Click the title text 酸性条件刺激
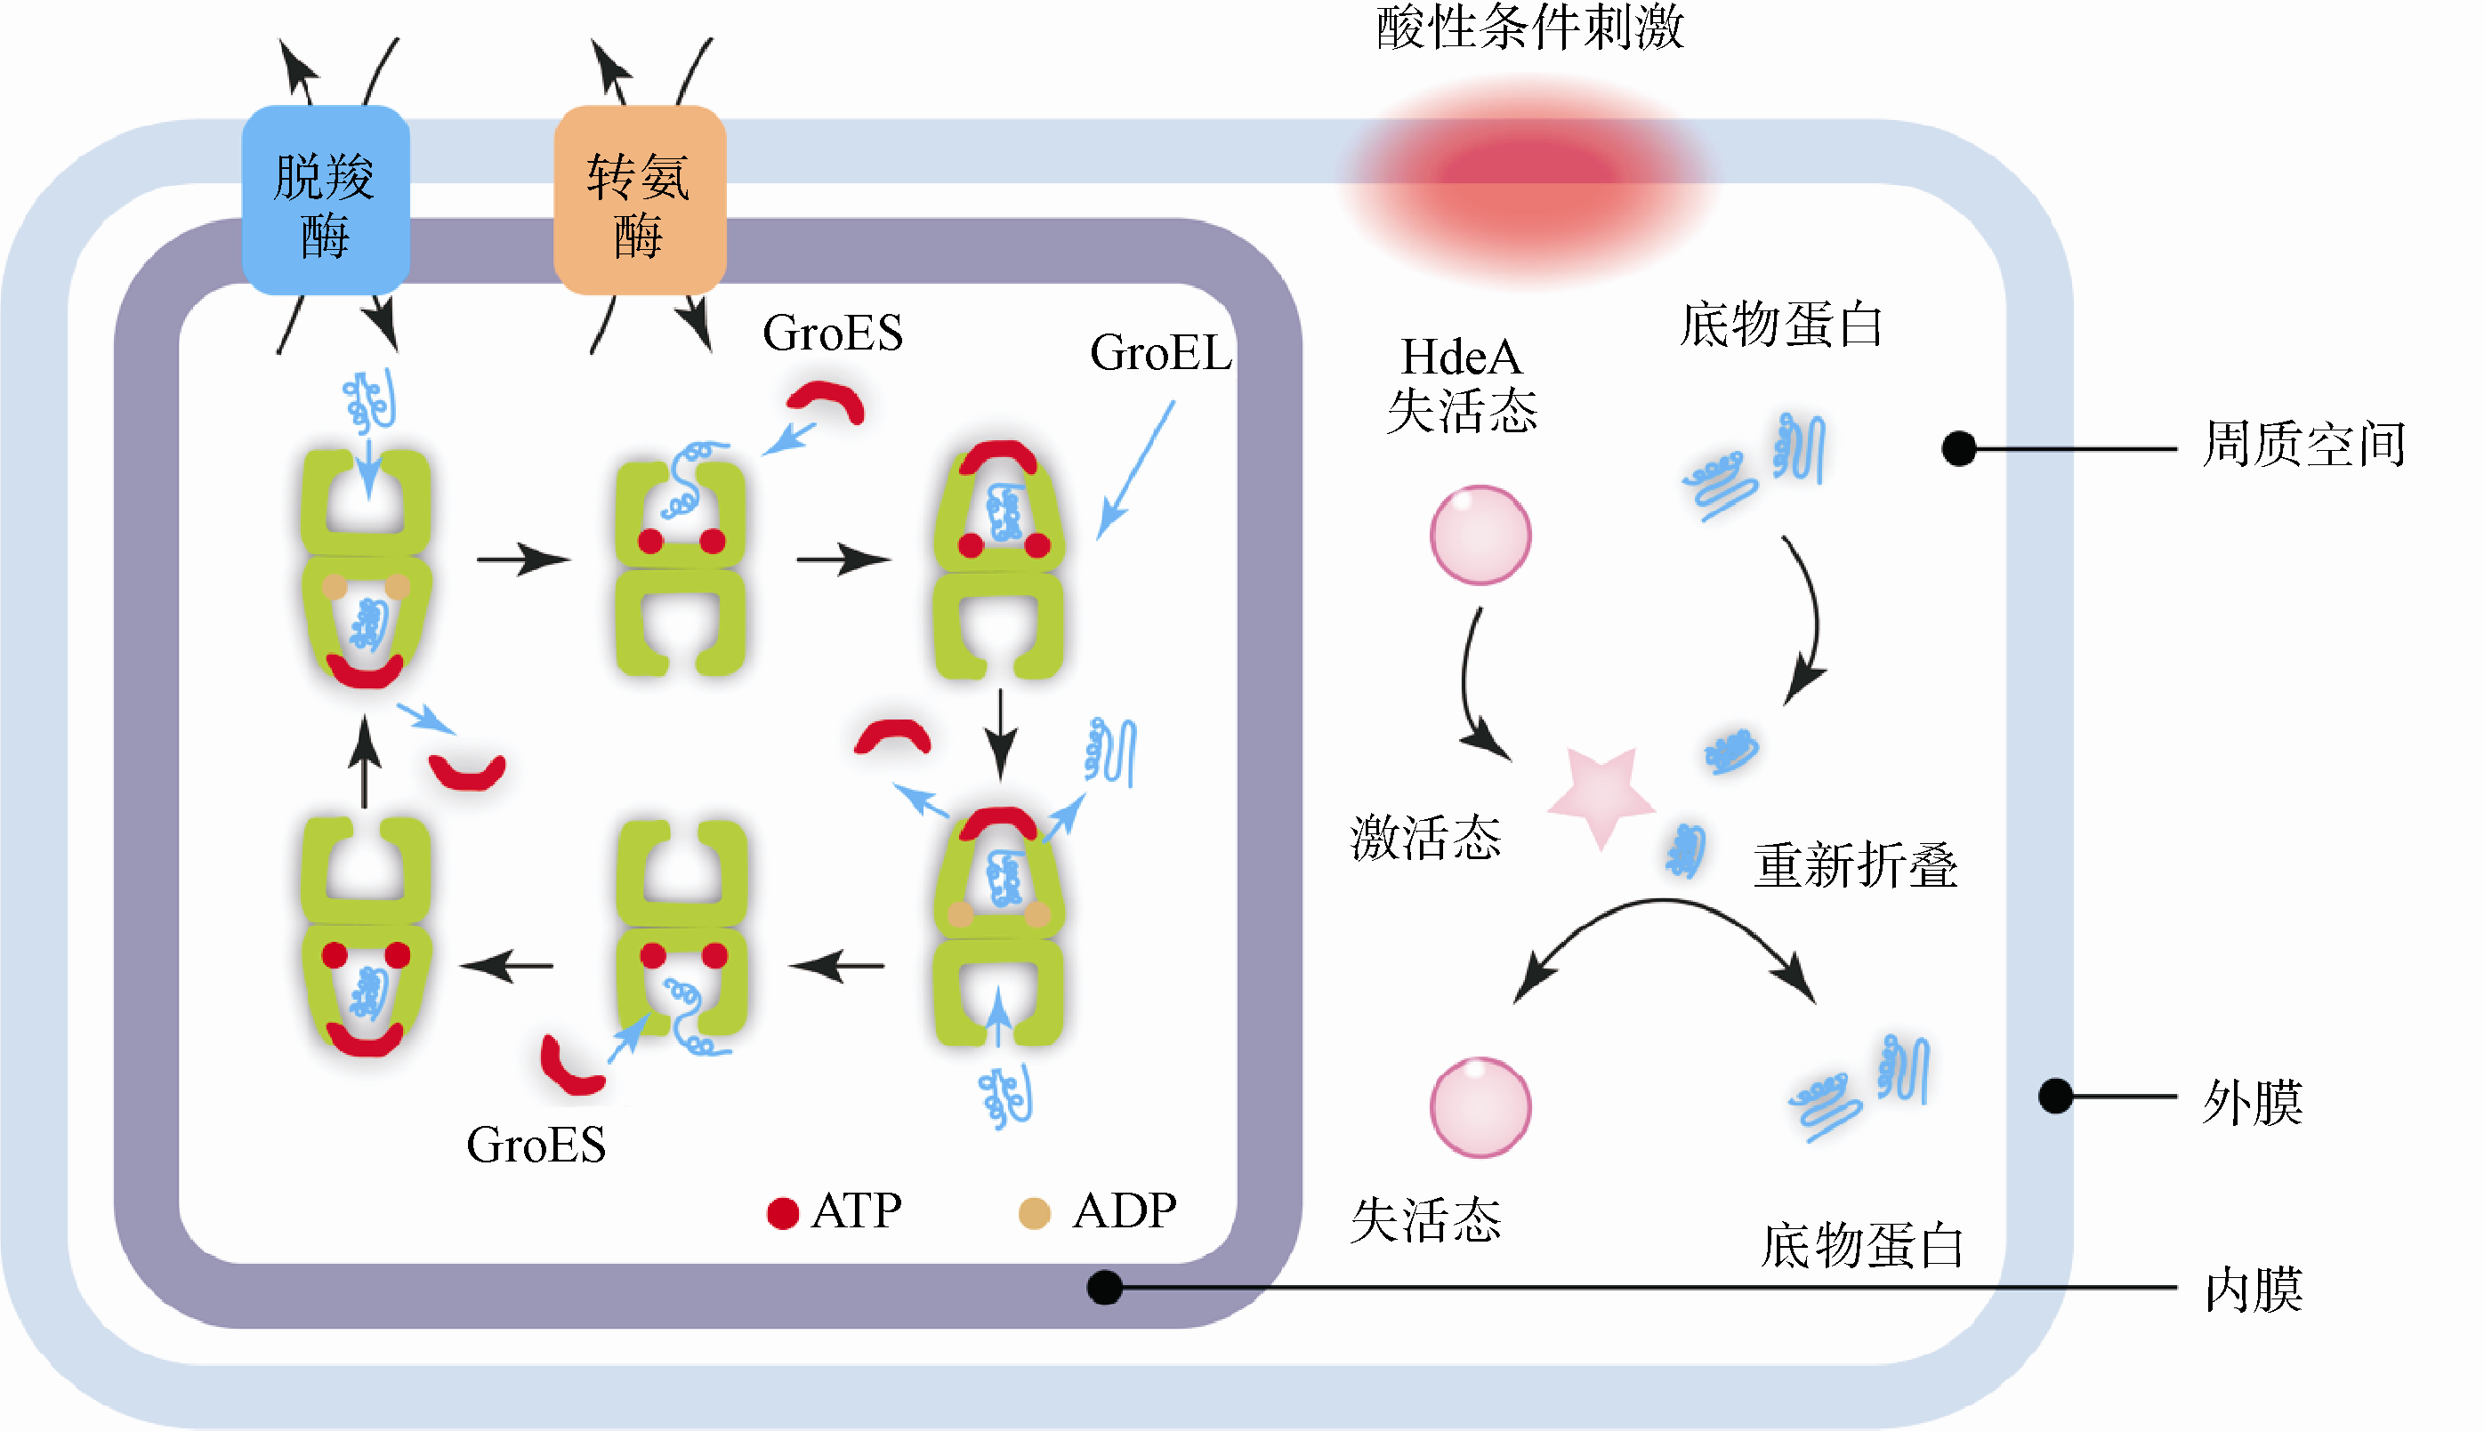click(1529, 27)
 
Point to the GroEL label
click(1160, 352)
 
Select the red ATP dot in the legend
click(782, 1213)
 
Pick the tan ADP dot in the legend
click(1034, 1213)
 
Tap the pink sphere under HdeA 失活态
click(1480, 535)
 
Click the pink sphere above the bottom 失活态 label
click(1480, 1106)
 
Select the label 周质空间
click(2303, 444)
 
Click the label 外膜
click(2252, 1101)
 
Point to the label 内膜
click(2253, 1289)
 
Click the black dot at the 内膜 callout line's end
click(1105, 1288)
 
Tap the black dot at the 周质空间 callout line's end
click(1959, 448)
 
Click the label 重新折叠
click(1855, 864)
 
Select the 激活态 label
click(1425, 838)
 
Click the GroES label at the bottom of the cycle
click(536, 1145)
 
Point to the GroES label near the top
click(833, 333)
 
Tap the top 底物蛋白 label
click(1781, 325)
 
